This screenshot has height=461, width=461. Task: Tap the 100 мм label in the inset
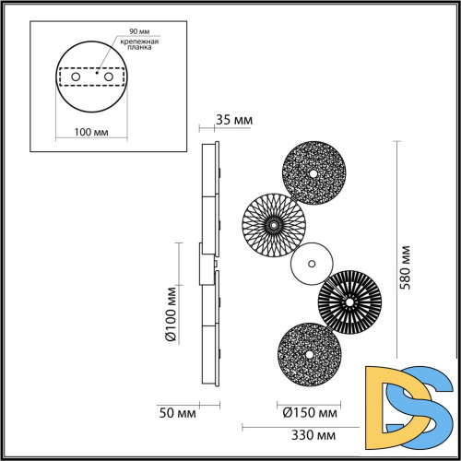90,134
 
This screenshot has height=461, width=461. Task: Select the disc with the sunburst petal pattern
273,224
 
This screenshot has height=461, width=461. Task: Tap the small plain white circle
308,265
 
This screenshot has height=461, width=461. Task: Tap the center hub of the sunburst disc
273,224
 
